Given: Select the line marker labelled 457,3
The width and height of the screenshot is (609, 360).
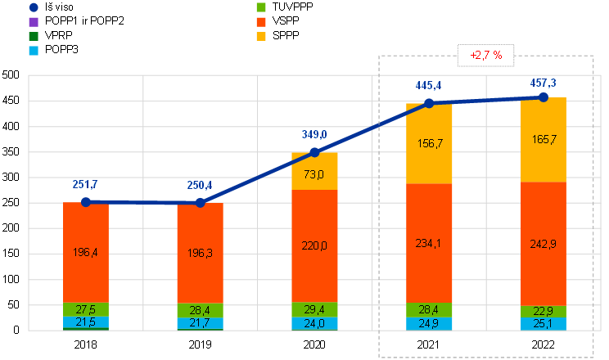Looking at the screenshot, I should point(543,97).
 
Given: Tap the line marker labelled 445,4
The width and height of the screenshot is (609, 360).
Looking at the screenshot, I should point(429,104).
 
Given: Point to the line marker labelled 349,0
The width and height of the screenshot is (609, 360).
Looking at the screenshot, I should point(315,152).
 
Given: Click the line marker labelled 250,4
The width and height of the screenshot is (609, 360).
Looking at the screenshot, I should point(201,202).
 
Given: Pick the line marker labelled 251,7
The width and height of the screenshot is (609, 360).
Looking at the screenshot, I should point(86,201).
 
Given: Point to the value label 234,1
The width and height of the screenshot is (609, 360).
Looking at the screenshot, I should point(429,244).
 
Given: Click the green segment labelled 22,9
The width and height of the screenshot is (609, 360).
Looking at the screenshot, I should point(544,311).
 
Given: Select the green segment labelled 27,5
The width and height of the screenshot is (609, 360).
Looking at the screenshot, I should point(86,310).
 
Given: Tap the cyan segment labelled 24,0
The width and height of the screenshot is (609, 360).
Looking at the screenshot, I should point(315,323).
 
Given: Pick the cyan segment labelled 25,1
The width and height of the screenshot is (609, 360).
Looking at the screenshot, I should point(544,323).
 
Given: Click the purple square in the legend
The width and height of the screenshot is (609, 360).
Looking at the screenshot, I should point(33,21).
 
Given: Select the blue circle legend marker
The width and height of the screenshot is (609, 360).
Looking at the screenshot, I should point(33,7).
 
